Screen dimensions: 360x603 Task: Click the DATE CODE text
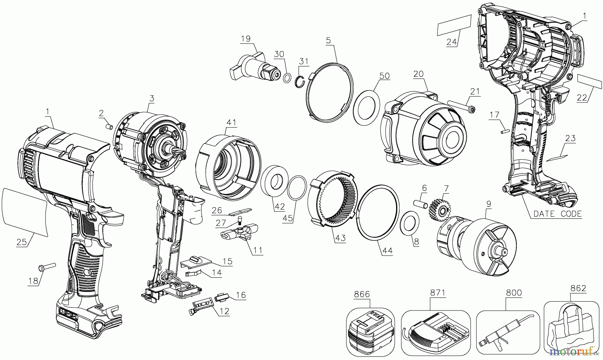557,214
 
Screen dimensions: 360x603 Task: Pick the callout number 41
231,123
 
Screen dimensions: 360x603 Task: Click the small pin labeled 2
108,127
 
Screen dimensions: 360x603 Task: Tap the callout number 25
21,242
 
